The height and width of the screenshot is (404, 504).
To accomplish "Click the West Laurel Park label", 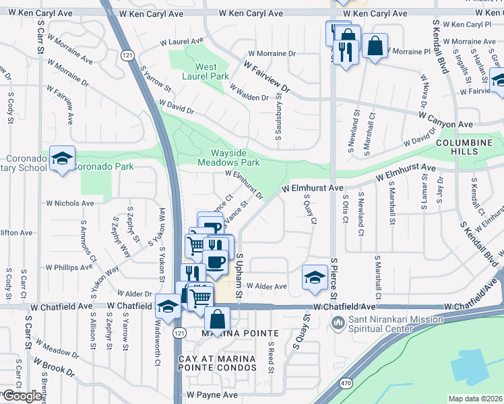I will click(206, 72).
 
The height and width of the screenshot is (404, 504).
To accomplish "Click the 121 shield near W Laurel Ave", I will click(126, 55).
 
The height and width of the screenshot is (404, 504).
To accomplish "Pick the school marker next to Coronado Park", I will click(62, 159).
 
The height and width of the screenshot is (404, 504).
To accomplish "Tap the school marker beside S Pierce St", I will click(315, 277).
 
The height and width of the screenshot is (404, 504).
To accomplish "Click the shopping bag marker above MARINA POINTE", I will click(218, 318).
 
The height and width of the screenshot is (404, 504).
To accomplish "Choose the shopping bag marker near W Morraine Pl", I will click(375, 46).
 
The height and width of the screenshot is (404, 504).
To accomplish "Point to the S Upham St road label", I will click(239, 277).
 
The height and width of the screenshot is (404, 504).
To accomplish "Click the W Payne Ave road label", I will click(213, 395).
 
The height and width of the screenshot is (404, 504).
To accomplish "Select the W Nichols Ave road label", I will click(70, 203).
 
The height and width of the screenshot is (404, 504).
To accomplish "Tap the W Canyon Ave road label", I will click(445, 125).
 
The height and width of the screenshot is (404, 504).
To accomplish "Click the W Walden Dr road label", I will click(249, 93).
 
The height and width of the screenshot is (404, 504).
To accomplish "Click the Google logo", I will click(22, 396).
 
